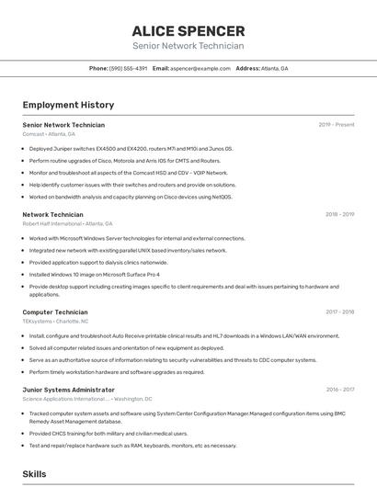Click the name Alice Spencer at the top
coord(188,31)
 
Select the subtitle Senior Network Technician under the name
coord(188,46)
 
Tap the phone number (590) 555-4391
coord(129,68)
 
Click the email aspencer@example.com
coord(200,68)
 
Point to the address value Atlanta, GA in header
coord(274,68)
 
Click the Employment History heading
coord(68,105)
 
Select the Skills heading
coord(34,473)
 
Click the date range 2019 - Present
coord(337,125)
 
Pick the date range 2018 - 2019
coord(339,214)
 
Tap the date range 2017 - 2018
coord(339,311)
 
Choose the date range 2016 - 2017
coord(339,390)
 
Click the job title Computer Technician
coord(55,312)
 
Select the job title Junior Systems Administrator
coord(69,390)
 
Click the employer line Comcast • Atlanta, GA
coord(49,134)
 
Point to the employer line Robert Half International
coord(67,223)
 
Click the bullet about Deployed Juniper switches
coord(131,148)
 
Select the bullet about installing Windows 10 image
coord(94,274)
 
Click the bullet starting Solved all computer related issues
coord(126,348)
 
